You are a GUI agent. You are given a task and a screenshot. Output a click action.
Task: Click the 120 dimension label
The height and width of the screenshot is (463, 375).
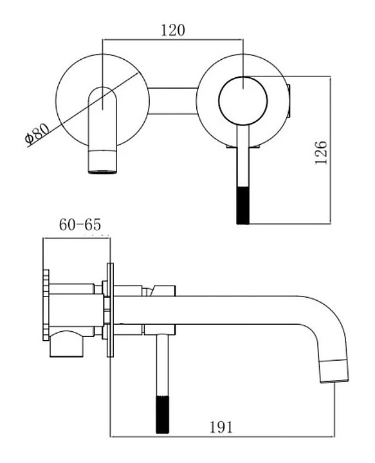point(173,30)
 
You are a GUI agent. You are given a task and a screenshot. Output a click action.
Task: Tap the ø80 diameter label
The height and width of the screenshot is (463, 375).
point(37,134)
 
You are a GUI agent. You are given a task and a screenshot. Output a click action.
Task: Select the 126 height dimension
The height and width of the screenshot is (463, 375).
point(321,152)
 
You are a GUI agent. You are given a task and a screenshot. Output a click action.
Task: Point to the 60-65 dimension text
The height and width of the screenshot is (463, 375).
point(80,224)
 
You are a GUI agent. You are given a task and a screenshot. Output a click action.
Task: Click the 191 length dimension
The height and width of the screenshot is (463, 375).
point(221,427)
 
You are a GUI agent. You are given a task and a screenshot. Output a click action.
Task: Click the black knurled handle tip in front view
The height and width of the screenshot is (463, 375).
point(243,206)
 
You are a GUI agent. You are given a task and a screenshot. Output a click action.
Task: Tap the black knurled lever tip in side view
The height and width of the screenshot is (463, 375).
point(162,415)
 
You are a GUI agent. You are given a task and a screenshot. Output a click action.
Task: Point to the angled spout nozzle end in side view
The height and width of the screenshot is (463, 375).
point(334,371)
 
